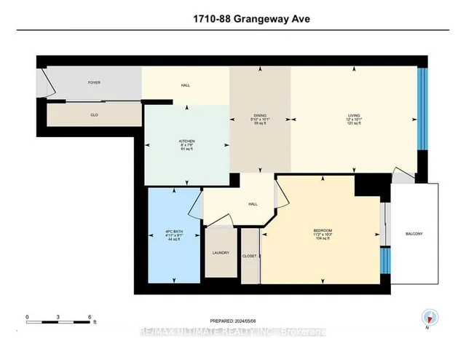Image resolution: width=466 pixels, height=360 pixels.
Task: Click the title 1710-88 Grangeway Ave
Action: click(x=233, y=20)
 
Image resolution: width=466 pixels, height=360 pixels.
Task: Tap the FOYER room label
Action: click(x=94, y=82)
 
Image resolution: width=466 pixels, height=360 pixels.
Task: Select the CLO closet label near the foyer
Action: click(x=94, y=114)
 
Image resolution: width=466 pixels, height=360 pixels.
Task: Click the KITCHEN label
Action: click(x=187, y=141)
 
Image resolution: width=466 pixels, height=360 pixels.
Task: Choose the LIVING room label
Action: click(x=354, y=115)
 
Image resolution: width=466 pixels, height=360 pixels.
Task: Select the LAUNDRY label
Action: click(x=221, y=253)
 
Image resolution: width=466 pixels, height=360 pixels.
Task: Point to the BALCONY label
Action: click(x=414, y=233)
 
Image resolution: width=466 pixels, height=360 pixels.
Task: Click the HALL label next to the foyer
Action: click(x=186, y=86)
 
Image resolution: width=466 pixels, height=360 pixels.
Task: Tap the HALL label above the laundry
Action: click(x=253, y=203)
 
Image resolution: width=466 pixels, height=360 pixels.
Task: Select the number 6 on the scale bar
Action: click(x=89, y=316)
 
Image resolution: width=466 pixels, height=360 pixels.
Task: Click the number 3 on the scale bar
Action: click(x=58, y=316)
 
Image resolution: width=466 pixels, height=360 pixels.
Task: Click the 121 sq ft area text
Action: click(x=354, y=125)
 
